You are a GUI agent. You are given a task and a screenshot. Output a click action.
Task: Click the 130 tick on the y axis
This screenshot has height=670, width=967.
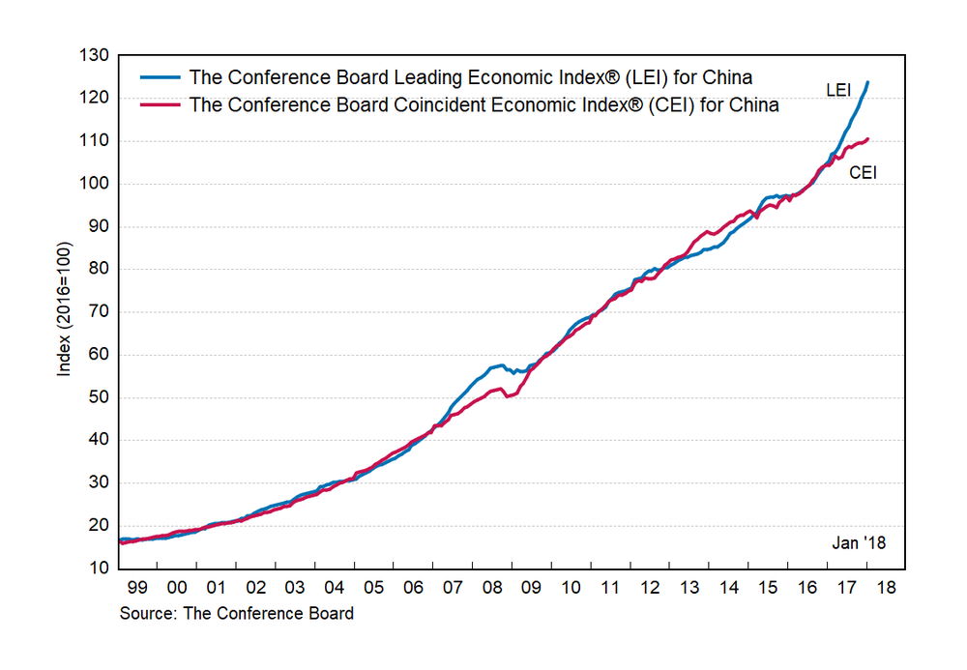coord(95,55)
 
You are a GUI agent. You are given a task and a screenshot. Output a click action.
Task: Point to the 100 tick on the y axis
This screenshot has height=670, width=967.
coord(95,184)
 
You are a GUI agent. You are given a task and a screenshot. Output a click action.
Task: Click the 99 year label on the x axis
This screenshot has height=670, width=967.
coord(137,587)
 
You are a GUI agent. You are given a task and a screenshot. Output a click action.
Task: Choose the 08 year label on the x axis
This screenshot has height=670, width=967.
coord(491,587)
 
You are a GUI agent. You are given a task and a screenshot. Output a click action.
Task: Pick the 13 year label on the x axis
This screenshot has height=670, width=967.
coord(689,587)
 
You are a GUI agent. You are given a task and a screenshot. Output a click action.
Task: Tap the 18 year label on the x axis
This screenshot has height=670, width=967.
coord(886,587)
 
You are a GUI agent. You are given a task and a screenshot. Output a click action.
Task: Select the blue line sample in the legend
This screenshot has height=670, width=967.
coord(161,77)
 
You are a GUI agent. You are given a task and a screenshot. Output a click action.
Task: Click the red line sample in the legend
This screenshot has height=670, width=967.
coord(161,105)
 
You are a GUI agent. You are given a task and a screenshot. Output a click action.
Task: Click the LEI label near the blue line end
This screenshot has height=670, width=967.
coord(839,90)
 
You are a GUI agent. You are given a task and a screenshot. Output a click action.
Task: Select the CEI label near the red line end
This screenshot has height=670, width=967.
coord(863,174)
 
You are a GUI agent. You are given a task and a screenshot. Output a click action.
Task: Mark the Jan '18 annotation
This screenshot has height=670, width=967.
coord(859,543)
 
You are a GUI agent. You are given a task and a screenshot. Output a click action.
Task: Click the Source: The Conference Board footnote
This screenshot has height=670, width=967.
coord(236,613)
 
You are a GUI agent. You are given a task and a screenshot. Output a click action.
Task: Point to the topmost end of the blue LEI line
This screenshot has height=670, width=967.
coord(867,82)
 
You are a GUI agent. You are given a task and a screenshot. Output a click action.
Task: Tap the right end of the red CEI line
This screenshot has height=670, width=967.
coord(867,139)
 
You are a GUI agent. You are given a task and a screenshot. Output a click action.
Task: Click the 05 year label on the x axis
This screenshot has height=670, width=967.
coord(373,587)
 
